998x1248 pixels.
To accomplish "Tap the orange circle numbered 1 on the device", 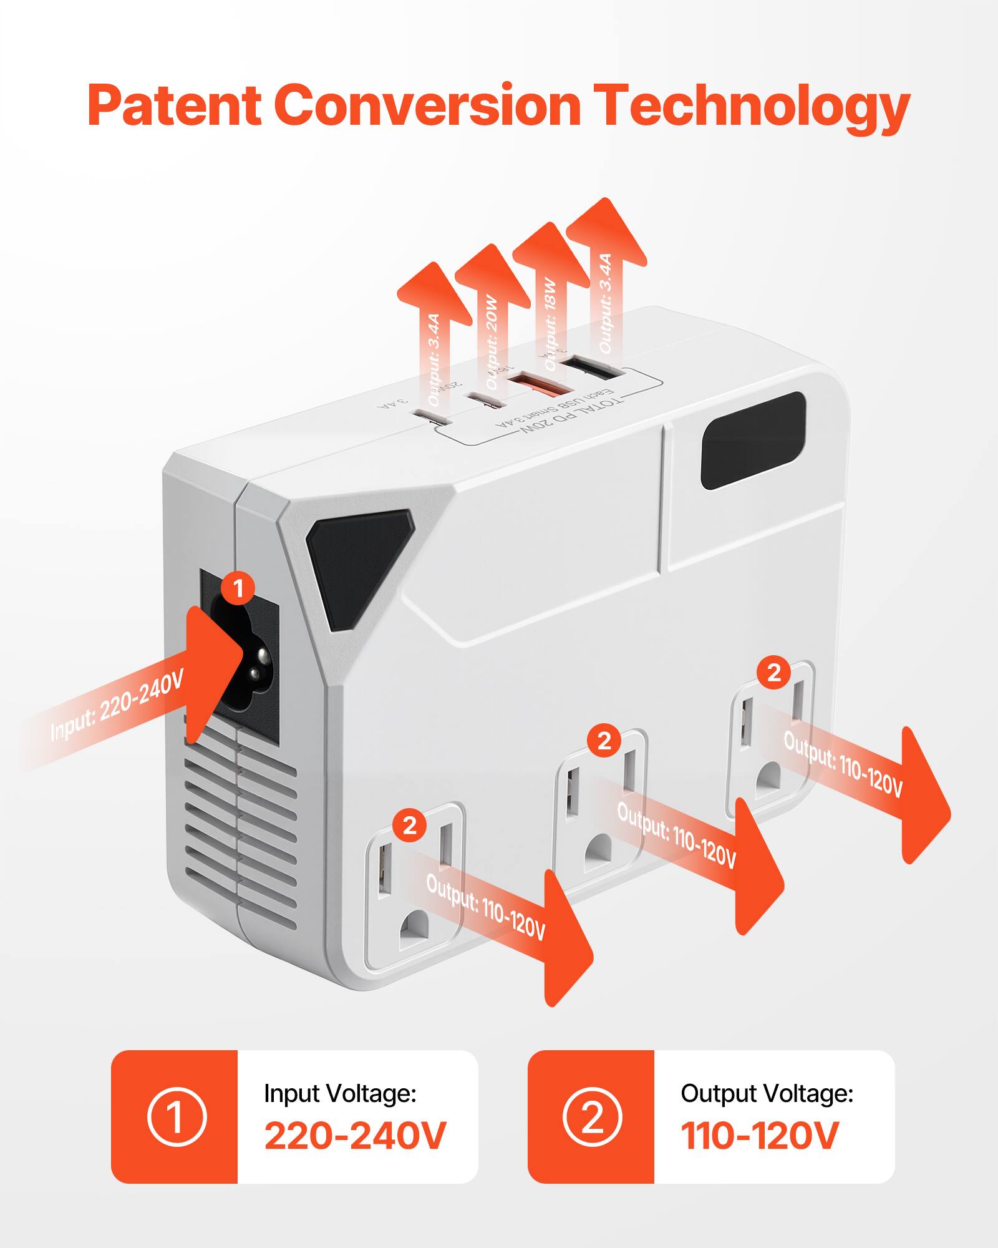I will point(238,587).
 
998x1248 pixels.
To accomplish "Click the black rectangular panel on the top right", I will point(753,441).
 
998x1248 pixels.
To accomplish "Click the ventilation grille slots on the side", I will point(240,817).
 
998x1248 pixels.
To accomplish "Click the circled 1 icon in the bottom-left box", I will point(176,1117).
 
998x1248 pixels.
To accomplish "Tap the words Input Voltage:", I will point(340,1093).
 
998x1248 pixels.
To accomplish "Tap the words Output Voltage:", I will point(767,1093).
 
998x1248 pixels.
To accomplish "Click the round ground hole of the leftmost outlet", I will point(416,928).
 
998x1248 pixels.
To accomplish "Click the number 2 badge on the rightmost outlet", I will point(773,673).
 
